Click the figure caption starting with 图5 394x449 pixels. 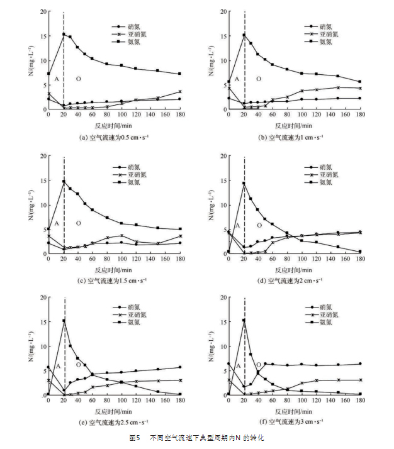coord(197,437)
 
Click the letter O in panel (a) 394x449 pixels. coord(78,79)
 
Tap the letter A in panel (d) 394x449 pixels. coord(237,225)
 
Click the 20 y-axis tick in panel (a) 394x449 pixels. coord(42,12)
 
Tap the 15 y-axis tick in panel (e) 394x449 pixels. coord(42,321)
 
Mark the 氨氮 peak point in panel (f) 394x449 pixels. coord(244,320)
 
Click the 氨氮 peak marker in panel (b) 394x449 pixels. coord(244,35)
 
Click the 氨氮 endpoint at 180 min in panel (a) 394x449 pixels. coord(180,74)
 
